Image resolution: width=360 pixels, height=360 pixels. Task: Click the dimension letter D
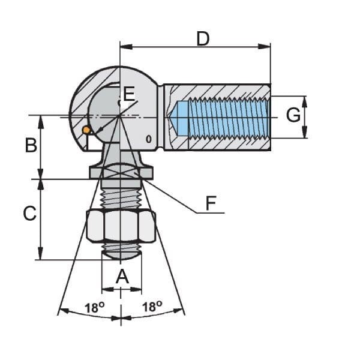[203, 39]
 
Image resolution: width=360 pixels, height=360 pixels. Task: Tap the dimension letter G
[293, 115]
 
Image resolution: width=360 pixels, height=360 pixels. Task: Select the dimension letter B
[31, 145]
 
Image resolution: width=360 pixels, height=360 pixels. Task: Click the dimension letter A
[122, 277]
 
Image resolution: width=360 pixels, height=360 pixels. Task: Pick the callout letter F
[211, 203]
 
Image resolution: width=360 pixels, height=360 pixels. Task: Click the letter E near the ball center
[129, 93]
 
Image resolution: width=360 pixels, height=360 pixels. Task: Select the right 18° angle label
[152, 307]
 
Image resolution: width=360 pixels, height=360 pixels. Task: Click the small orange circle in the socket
[86, 130]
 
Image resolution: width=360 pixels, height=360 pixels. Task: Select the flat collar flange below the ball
[121, 173]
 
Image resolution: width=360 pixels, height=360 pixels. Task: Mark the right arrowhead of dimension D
[268, 46]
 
